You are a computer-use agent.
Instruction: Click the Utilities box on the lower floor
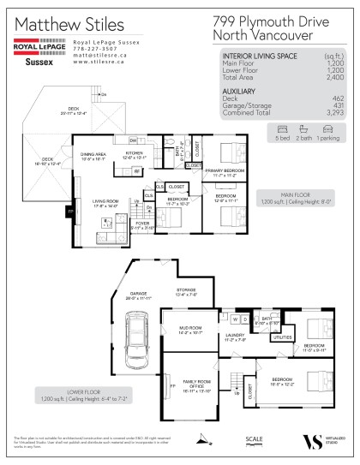pyautogui.click(x=282, y=338)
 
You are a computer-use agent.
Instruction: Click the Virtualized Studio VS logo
pyautogui.click(x=310, y=441)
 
